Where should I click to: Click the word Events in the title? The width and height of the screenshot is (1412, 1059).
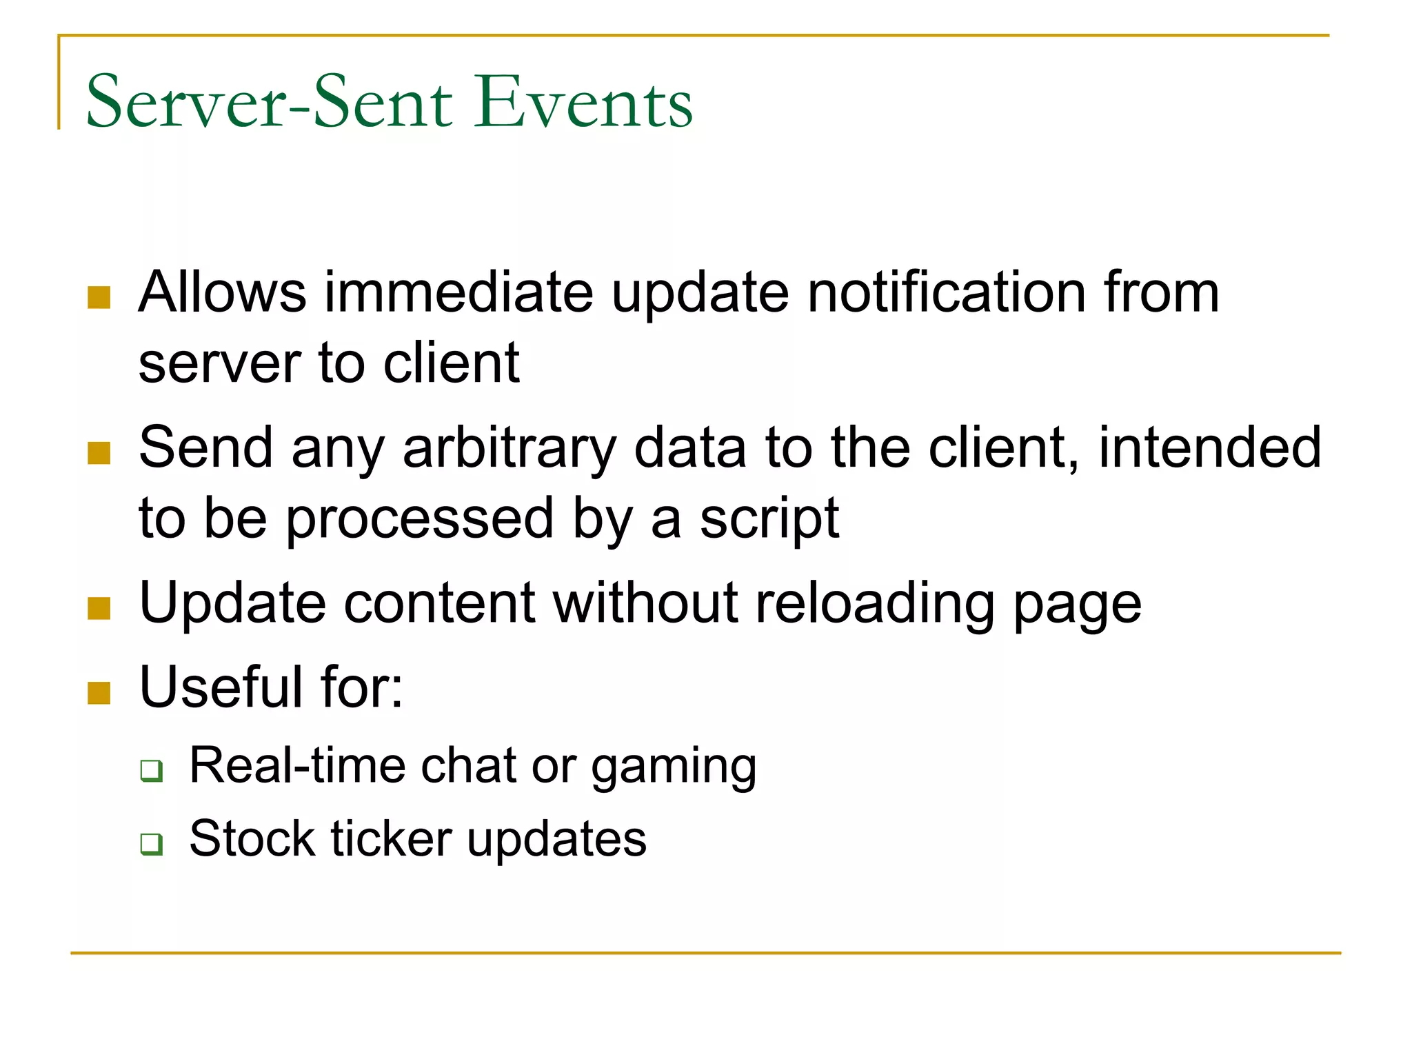pyautogui.click(x=583, y=103)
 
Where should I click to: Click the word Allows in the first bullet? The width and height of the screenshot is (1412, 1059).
pyautogui.click(x=222, y=292)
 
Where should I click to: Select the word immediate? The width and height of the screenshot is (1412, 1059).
pyautogui.click(x=458, y=292)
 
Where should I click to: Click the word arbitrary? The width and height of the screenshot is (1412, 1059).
pyautogui.click(x=509, y=448)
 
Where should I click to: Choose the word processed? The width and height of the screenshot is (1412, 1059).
pyautogui.click(x=420, y=519)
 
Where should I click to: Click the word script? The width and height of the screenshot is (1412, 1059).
pyautogui.click(x=769, y=519)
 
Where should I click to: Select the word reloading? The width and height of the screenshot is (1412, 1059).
pyautogui.click(x=875, y=604)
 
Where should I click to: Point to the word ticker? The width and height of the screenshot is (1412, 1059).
pyautogui.click(x=391, y=839)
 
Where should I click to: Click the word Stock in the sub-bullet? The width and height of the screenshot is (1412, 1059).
pyautogui.click(x=252, y=839)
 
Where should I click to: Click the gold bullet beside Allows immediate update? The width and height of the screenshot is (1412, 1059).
pyautogui.click(x=99, y=298)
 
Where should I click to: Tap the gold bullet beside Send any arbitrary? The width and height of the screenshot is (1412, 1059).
pyautogui.click(x=99, y=454)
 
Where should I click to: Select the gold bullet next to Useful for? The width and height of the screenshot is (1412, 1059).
pyautogui.click(x=99, y=693)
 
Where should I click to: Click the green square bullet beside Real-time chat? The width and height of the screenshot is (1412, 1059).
pyautogui.click(x=151, y=770)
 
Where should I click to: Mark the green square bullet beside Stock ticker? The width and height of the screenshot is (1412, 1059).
pyautogui.click(x=151, y=843)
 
